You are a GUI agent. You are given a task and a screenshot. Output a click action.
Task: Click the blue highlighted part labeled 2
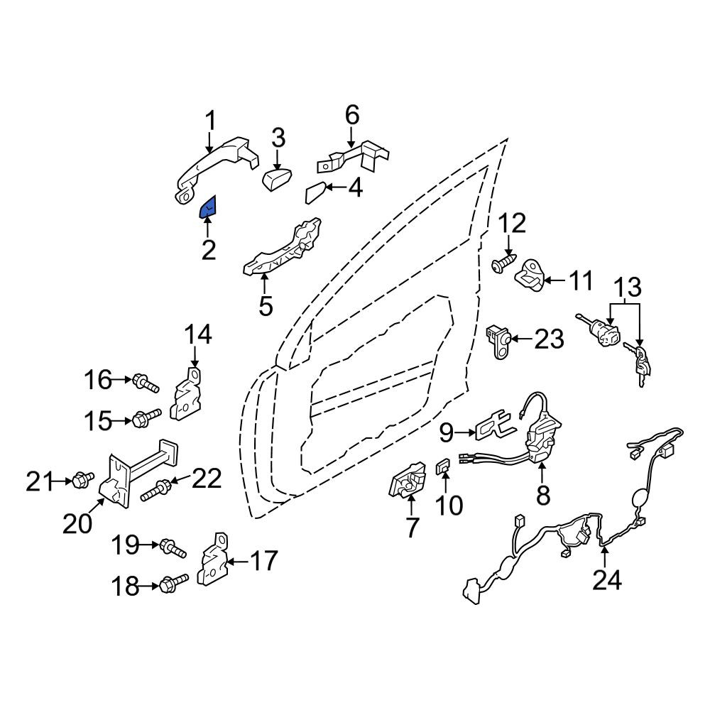coord(208,207)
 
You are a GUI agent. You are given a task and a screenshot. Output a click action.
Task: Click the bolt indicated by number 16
coord(146,383)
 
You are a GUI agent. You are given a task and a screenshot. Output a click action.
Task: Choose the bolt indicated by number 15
coord(147,417)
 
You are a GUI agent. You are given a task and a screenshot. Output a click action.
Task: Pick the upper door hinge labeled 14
coord(186,393)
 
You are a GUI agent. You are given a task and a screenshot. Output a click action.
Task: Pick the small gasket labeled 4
coord(316,193)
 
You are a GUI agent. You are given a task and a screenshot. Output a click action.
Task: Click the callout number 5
coord(266,306)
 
